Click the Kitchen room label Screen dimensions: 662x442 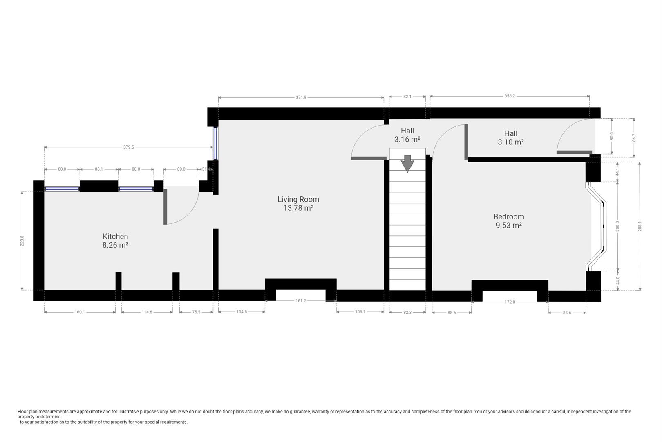click(x=115, y=241)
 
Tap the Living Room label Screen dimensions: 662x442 click(x=298, y=204)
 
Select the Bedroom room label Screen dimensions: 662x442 click(x=509, y=221)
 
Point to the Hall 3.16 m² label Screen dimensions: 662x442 click(x=407, y=135)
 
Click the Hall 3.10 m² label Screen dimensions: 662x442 click(x=511, y=138)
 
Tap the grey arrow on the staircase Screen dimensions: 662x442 click(x=407, y=163)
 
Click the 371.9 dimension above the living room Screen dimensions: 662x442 click(x=301, y=97)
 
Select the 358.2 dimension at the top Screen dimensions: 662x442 click(x=510, y=96)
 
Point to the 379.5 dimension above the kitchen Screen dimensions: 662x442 click(x=129, y=147)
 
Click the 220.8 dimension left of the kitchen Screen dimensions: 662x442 click(x=22, y=241)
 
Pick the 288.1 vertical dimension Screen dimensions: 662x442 click(x=640, y=226)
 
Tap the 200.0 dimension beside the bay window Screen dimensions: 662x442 click(x=617, y=226)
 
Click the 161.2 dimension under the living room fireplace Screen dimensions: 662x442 click(x=301, y=301)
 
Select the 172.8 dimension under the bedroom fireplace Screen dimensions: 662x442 click(x=510, y=302)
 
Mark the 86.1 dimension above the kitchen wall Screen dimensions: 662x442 click(x=99, y=169)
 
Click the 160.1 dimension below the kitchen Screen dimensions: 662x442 click(x=80, y=312)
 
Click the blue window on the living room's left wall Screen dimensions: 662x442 click(x=216, y=144)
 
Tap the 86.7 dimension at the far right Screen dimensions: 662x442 click(x=634, y=138)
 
